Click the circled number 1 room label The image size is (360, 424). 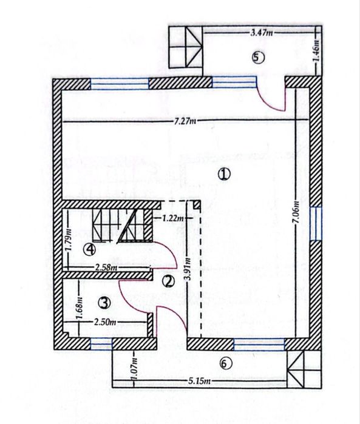tap(224, 174)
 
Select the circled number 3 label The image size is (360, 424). tap(104, 301)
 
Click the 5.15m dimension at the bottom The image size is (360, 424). tap(198, 381)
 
